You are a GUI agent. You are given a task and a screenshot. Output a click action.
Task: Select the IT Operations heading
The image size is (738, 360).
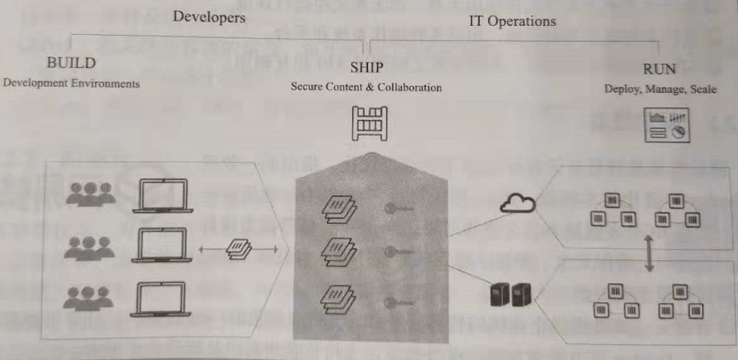[511, 21]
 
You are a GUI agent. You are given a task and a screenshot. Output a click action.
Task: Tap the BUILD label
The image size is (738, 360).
[72, 63]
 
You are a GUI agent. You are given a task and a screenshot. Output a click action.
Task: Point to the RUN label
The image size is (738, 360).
[659, 69]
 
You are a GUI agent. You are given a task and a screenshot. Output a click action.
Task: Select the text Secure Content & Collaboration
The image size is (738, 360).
[366, 88]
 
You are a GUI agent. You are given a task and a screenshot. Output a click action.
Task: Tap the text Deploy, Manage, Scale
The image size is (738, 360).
[660, 89]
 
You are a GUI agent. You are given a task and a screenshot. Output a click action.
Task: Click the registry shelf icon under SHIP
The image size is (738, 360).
[369, 124]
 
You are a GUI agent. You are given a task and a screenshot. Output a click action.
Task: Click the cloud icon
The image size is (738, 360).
[517, 204]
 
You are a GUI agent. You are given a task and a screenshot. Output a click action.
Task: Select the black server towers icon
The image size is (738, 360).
[509, 294]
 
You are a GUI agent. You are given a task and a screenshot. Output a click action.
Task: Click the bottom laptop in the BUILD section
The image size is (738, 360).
[160, 299]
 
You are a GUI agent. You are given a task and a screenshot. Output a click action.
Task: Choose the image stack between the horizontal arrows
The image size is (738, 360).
[241, 249]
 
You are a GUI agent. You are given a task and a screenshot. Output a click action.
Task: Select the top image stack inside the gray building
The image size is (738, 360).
[338, 208]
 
